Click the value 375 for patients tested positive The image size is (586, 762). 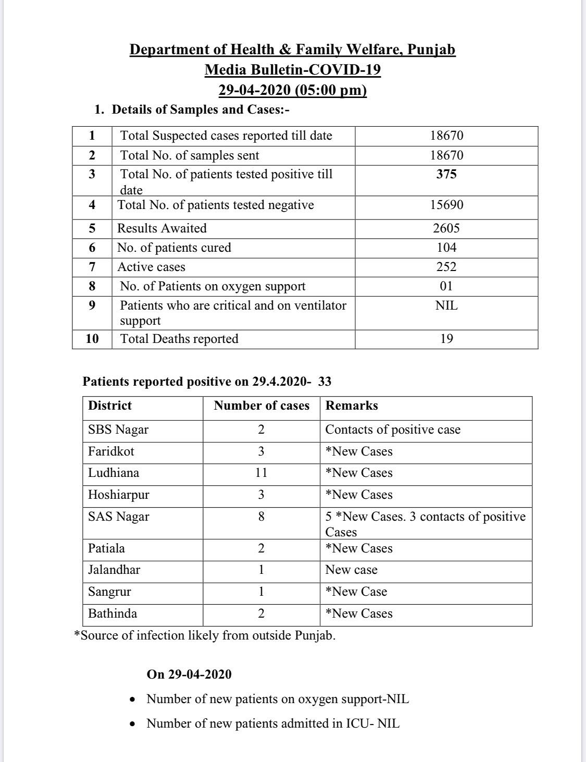tap(446, 174)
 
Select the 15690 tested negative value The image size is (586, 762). tap(446, 205)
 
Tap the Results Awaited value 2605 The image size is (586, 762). tap(446, 228)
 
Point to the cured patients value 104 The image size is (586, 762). tap(446, 248)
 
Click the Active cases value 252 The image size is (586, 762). tap(446, 267)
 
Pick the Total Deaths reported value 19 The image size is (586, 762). tap(446, 339)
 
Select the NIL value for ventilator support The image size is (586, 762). tap(446, 305)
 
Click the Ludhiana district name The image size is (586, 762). tap(114, 473)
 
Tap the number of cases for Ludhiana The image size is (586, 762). tap(261, 473)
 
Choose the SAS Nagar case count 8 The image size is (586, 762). tap(261, 517)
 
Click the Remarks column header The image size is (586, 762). tap(352, 405)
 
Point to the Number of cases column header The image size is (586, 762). tap(261, 405)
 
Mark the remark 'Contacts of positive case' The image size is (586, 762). tap(393, 429)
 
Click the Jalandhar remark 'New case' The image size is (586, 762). tap(351, 570)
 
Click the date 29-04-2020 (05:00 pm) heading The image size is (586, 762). tap(292, 90)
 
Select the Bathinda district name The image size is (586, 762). tap(113, 613)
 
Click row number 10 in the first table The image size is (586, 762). tap(92, 339)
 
